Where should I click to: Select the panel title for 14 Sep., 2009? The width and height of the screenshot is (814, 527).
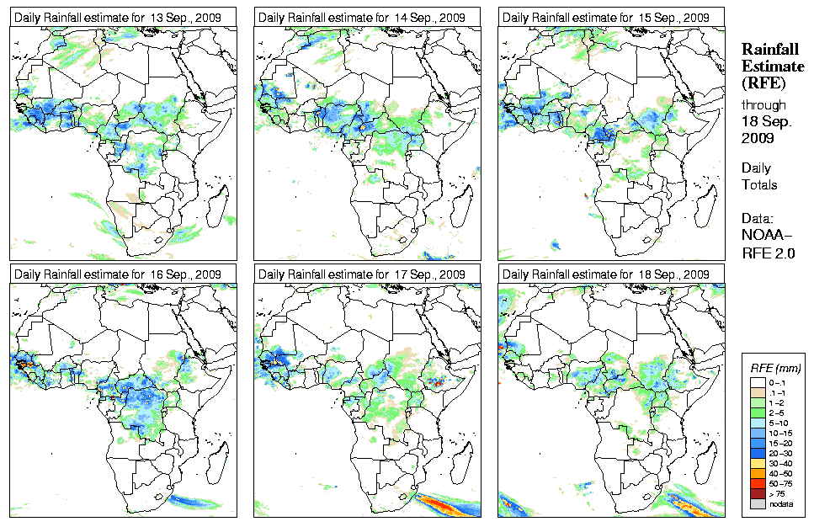tap(361, 17)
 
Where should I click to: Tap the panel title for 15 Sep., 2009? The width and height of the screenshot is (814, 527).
tap(605, 17)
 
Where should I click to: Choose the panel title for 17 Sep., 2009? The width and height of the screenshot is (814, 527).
tap(361, 274)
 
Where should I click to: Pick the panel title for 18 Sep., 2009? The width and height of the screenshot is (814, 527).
tap(605, 274)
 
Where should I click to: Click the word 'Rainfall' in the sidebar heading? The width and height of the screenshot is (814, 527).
tap(769, 51)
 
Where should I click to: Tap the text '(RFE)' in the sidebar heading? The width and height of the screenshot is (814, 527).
tap(762, 83)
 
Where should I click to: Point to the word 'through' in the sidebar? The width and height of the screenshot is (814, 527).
tap(763, 105)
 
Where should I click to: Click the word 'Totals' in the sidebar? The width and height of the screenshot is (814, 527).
tap(759, 184)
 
